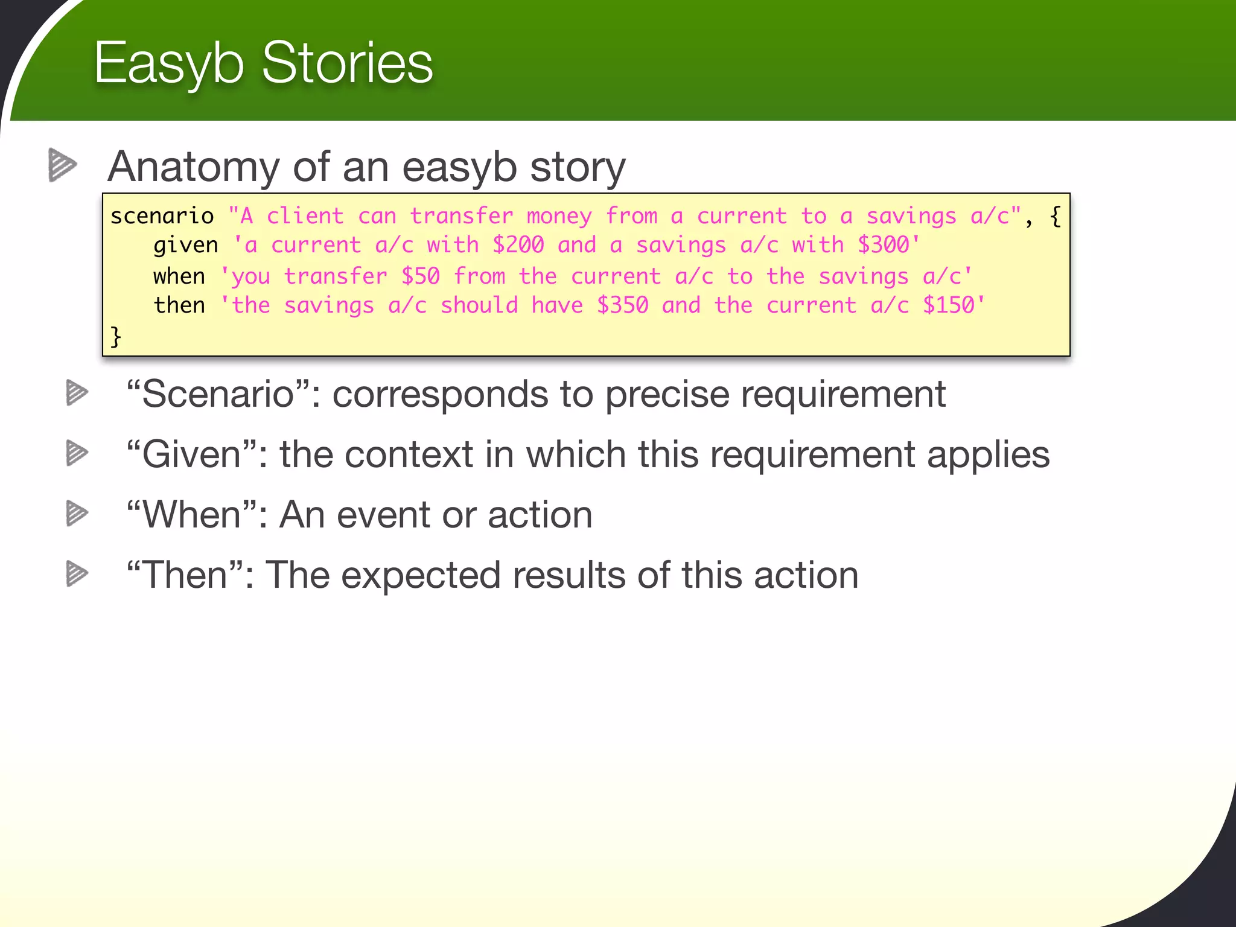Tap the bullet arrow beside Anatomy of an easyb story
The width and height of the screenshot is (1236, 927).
[x=62, y=165]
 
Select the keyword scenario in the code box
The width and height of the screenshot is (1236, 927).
[x=162, y=216]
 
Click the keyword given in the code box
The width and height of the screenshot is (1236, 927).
[x=185, y=245]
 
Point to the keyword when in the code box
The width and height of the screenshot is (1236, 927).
[x=179, y=276]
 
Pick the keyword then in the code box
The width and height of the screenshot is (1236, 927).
[x=179, y=305]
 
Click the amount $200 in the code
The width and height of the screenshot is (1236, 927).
[x=518, y=245]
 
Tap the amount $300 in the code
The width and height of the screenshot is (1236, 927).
[x=883, y=245]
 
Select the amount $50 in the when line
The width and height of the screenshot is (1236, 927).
[x=421, y=276]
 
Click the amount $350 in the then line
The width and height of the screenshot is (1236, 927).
[x=622, y=305]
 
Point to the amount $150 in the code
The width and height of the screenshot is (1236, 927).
[x=948, y=305]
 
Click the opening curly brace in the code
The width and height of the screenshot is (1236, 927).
[x=1055, y=216]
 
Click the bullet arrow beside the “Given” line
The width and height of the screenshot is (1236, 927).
[x=77, y=453]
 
